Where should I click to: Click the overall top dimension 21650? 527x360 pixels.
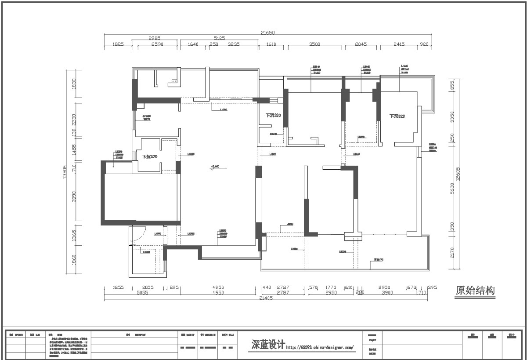coord(267,33)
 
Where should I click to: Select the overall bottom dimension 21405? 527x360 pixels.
coord(267,298)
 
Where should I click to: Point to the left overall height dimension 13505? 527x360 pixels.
coord(65,172)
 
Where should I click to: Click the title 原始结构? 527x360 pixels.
coord(475,291)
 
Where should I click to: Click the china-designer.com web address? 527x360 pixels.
coord(320,347)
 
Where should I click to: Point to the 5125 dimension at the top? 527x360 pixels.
coord(220,39)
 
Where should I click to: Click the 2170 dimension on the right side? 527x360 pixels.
coord(452,252)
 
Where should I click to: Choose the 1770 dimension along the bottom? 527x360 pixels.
coord(331,287)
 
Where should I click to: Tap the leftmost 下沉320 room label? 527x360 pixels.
coord(150,156)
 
